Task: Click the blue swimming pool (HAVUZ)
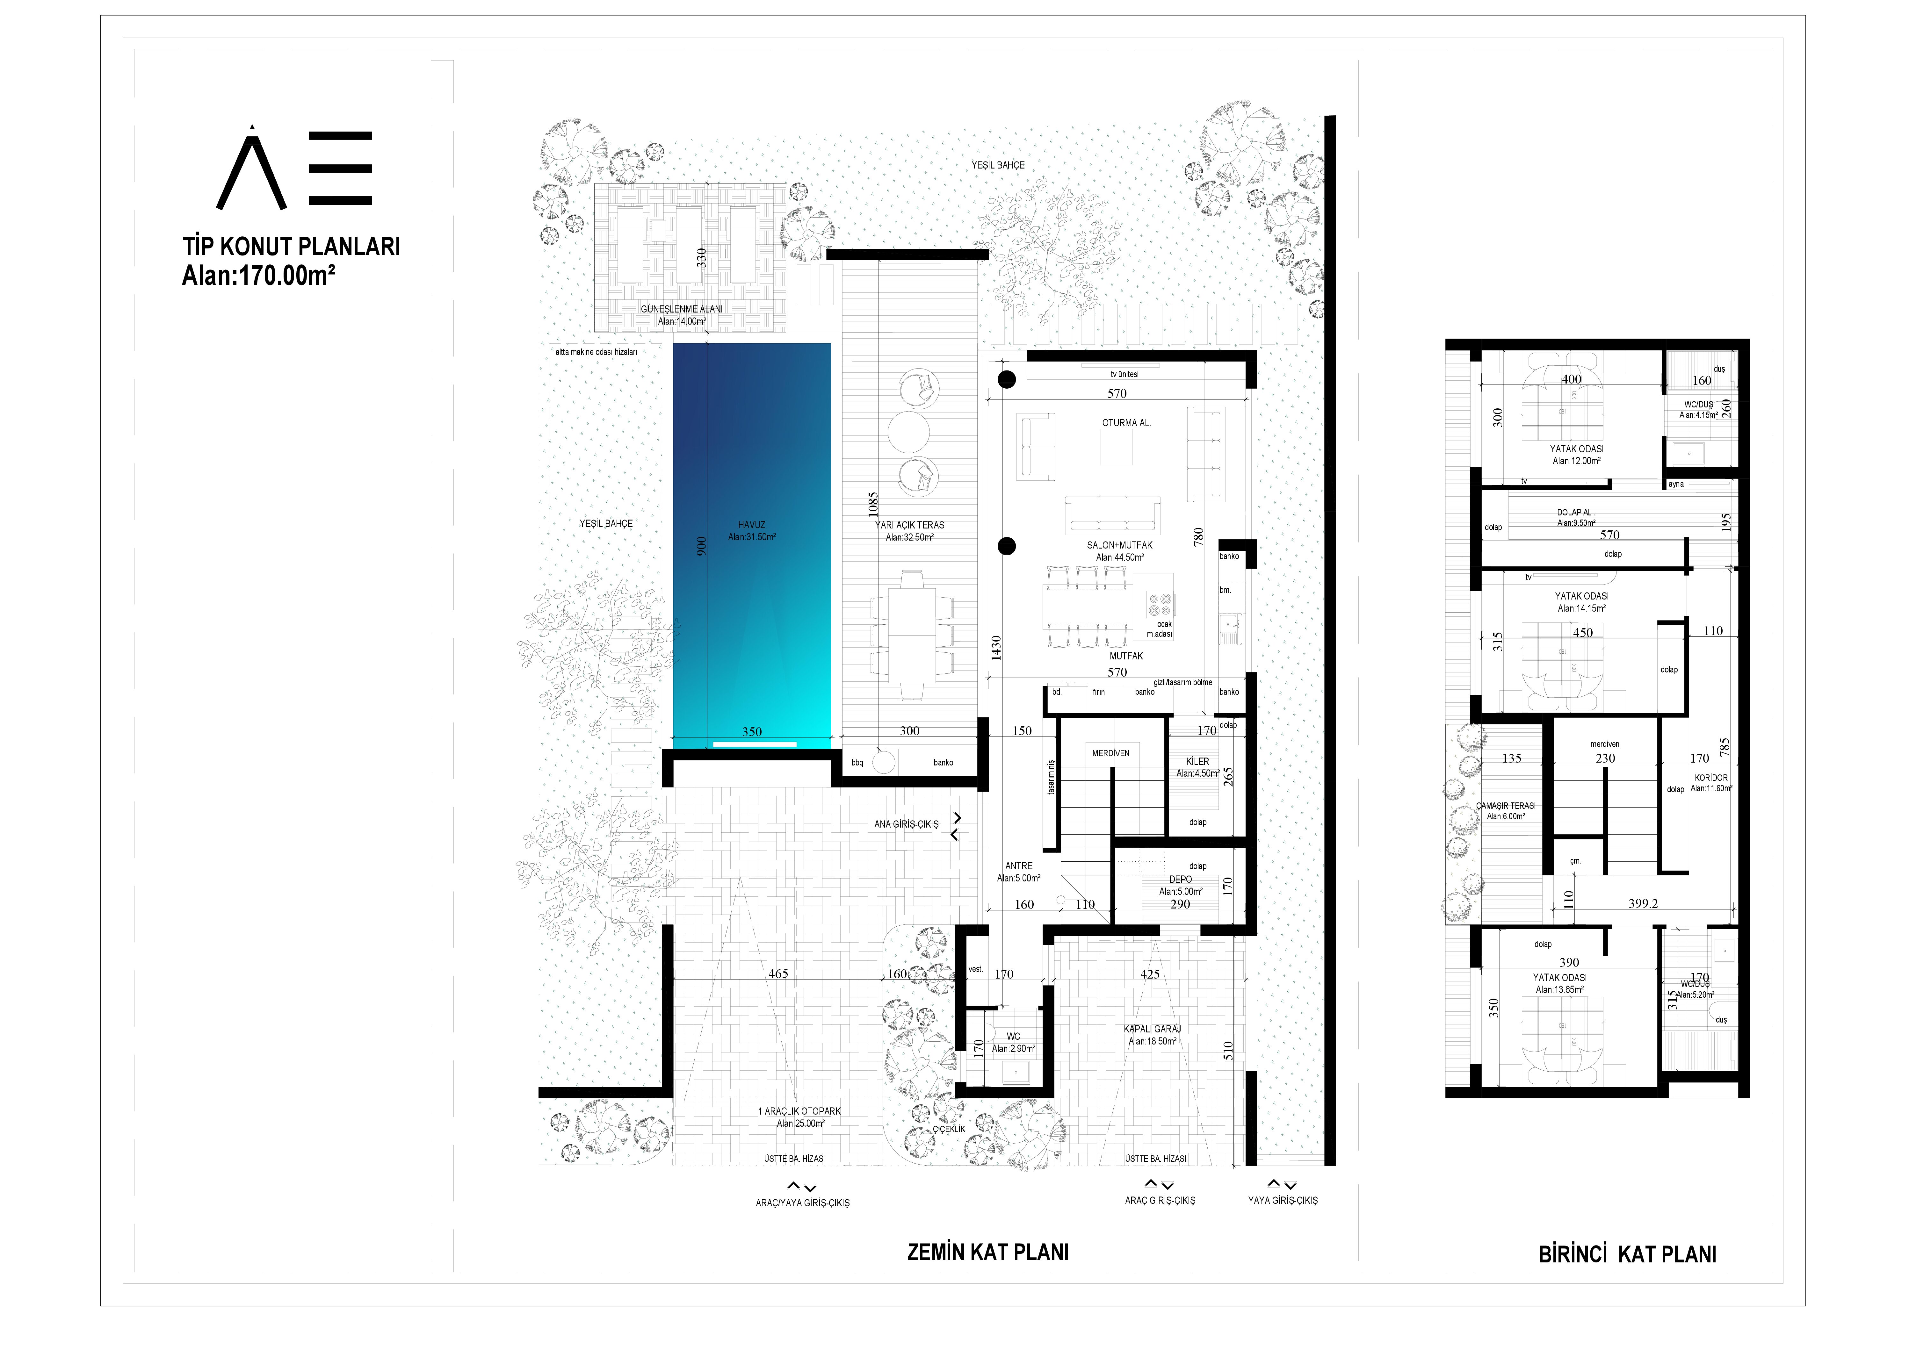[752, 540]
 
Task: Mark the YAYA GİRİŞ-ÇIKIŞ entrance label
[1282, 1200]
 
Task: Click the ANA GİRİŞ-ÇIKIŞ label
[906, 825]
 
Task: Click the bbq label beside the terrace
[857, 762]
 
